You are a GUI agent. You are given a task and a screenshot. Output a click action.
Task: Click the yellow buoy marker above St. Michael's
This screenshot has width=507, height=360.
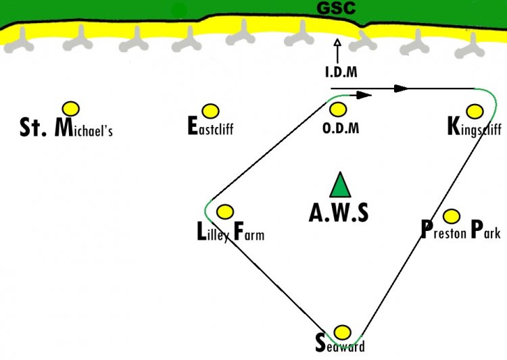coord(71,109)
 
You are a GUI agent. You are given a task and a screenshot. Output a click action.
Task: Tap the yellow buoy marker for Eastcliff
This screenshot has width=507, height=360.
coord(210,111)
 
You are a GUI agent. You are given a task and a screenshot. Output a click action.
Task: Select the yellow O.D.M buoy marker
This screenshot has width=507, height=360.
coord(338,109)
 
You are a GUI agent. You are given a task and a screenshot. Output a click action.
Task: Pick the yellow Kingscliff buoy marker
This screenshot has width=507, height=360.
coord(475,111)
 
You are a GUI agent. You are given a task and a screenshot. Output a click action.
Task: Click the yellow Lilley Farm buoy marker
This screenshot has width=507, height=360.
coord(225,212)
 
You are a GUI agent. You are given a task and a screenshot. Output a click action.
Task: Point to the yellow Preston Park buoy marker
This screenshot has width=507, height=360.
coord(452,216)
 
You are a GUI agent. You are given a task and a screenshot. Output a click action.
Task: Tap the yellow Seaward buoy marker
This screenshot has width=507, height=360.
coord(342,332)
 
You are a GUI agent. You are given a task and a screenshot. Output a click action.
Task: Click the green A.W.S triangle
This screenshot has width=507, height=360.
coord(340,185)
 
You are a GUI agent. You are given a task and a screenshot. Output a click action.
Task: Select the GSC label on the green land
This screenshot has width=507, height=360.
coord(336,7)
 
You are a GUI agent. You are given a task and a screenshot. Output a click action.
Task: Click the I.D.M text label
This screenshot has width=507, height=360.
coord(341,72)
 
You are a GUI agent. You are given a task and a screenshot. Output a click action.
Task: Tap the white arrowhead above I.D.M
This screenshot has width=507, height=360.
coord(337,43)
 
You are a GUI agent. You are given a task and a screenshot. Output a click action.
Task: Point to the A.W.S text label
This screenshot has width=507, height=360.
coord(339,213)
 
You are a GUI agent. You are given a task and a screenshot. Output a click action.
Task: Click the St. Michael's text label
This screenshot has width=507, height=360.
coord(66,127)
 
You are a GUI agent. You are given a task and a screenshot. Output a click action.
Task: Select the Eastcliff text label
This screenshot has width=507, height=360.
coord(210,126)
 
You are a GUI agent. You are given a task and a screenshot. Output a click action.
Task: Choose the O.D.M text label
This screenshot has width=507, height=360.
coord(341,128)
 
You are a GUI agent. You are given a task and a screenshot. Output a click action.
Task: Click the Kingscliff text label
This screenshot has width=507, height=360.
coord(475,127)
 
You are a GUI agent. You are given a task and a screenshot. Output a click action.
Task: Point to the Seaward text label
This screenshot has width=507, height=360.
coord(340,344)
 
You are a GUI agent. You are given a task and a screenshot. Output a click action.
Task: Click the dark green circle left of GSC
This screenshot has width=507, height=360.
coord(179,11)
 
